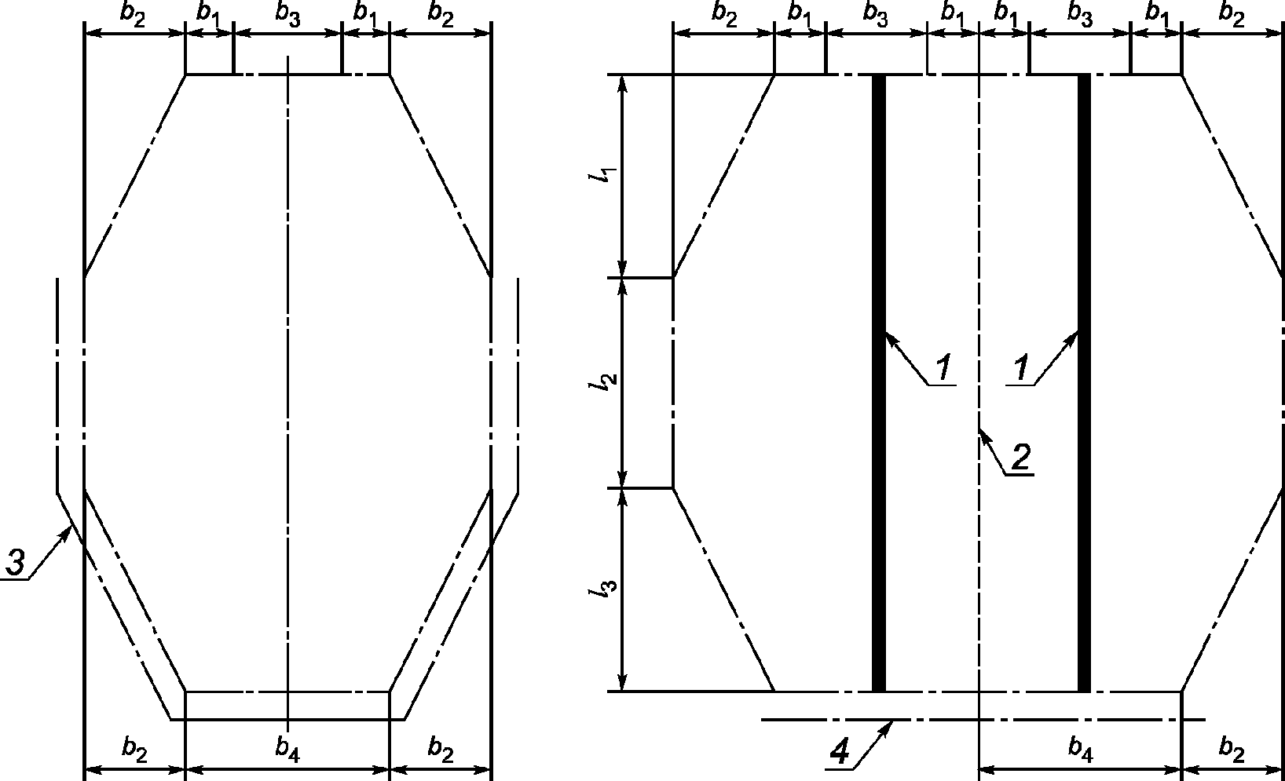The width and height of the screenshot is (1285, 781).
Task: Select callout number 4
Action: click(840, 752)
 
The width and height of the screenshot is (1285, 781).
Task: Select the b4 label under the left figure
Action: click(287, 750)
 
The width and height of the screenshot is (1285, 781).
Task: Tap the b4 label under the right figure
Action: click(1080, 750)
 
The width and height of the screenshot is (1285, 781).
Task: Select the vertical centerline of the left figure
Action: click(288, 392)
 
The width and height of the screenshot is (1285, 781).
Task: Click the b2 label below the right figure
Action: click(1232, 750)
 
